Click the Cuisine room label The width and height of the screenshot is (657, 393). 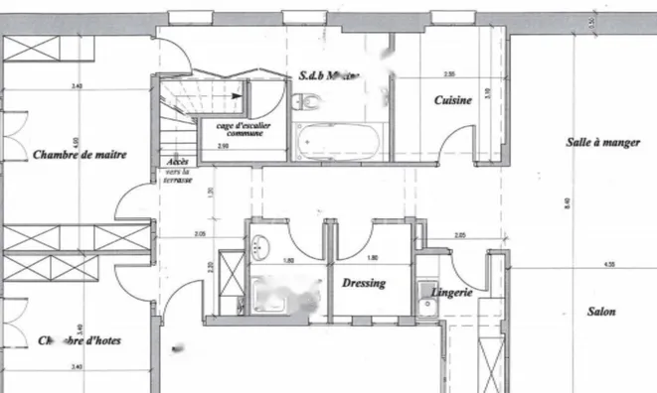(451, 101)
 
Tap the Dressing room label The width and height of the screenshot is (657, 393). (364, 283)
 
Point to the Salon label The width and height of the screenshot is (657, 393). (600, 312)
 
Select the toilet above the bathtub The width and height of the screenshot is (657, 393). (307, 99)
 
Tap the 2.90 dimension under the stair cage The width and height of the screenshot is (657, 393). (224, 146)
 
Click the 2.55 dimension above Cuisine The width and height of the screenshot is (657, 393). (449, 74)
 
